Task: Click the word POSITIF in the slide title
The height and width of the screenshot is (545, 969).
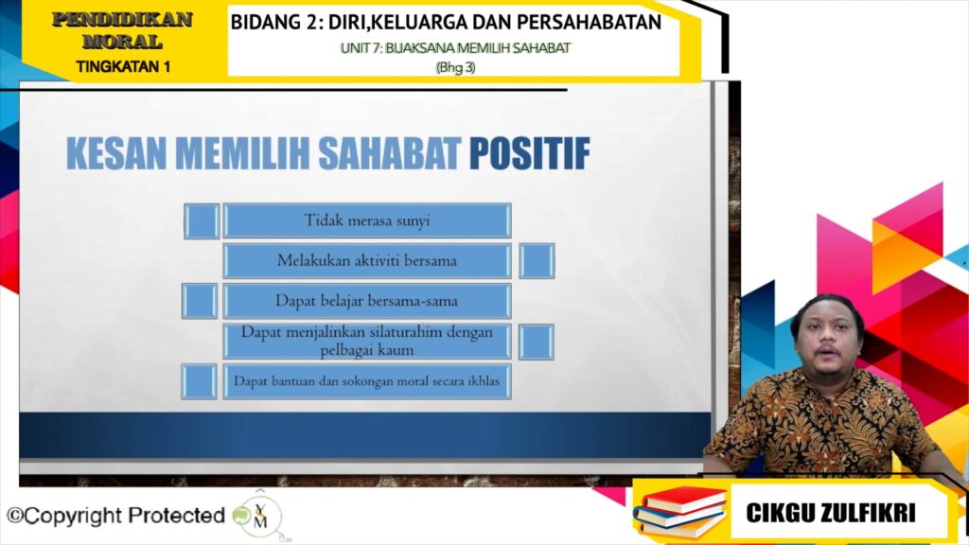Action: click(x=529, y=153)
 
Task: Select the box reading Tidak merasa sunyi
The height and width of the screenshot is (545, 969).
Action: click(x=367, y=220)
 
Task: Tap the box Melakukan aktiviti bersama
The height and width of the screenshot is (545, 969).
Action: click(x=367, y=261)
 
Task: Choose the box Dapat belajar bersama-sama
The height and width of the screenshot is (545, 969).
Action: click(x=367, y=301)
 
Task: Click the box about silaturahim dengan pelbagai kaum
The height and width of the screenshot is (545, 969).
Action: click(x=367, y=341)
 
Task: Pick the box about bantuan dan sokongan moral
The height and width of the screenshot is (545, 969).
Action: click(x=367, y=381)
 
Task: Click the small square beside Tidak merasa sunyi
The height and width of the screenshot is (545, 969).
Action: click(x=202, y=220)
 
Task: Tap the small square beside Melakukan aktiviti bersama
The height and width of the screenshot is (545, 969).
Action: click(x=537, y=261)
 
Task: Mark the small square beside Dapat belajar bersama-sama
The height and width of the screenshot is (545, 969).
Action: click(x=200, y=301)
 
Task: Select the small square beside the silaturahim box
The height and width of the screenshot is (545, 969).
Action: click(x=536, y=342)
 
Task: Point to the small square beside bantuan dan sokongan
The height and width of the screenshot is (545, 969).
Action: click(x=199, y=381)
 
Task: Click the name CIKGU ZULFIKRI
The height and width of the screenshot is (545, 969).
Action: click(x=831, y=512)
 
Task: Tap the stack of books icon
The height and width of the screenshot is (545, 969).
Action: click(x=679, y=511)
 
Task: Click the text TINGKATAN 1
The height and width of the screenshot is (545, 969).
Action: click(x=123, y=67)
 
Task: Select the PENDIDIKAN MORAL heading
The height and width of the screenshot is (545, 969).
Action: click(x=122, y=30)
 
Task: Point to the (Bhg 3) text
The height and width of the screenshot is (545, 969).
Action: click(x=455, y=67)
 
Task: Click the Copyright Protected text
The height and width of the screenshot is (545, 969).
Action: click(x=115, y=516)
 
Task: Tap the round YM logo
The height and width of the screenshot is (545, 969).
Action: click(x=259, y=516)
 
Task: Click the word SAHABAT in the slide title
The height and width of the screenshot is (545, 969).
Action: click(x=390, y=153)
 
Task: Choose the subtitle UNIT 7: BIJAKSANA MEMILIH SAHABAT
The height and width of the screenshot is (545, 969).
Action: click(x=455, y=48)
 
